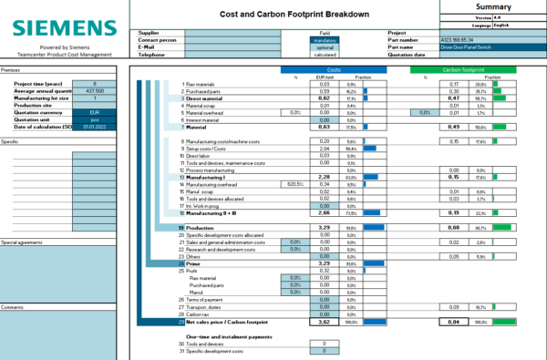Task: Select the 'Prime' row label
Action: coord(194,262)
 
